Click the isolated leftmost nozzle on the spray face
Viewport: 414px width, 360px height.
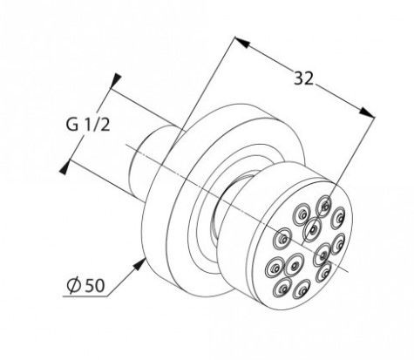coord(281,238)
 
